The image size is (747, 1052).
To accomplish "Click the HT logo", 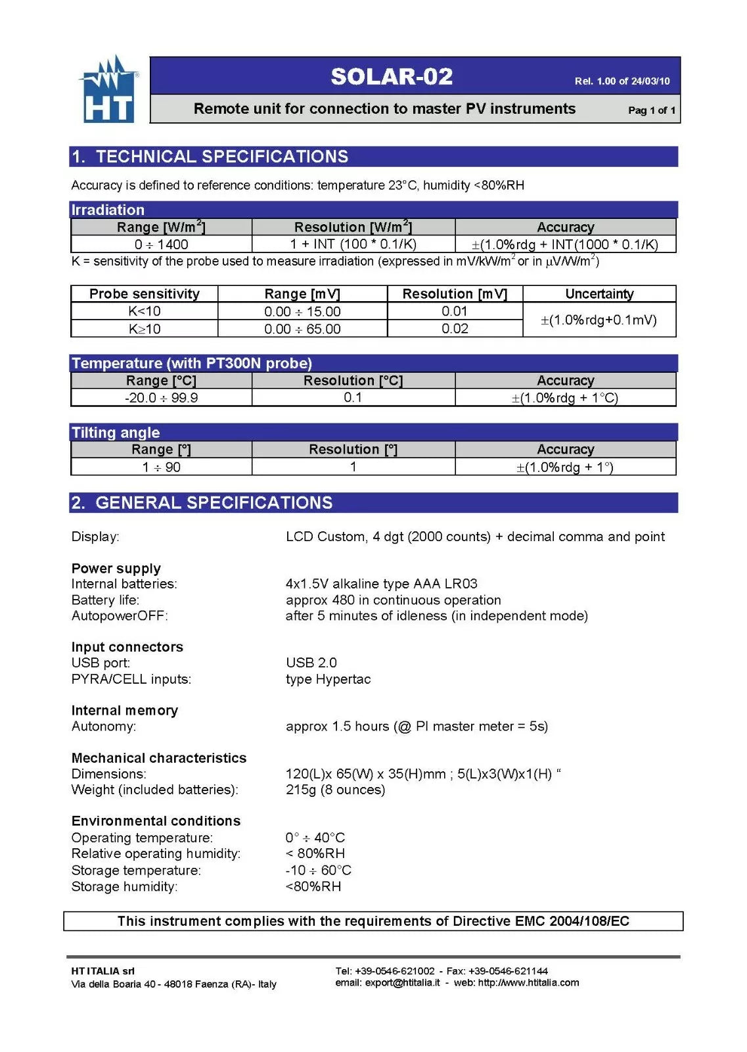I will (x=109, y=90).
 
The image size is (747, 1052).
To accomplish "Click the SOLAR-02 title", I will (x=392, y=77).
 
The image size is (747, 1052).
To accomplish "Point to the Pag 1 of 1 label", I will (x=651, y=110).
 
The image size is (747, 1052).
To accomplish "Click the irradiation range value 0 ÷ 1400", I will (x=161, y=245).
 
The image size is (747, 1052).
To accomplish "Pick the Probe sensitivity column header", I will (x=145, y=294).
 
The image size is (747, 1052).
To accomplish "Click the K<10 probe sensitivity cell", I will (x=145, y=312).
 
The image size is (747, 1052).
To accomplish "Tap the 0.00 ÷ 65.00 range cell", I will (x=302, y=329).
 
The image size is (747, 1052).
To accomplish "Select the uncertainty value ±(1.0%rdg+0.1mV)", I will (x=599, y=320).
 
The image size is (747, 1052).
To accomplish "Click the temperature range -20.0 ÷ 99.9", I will (x=161, y=398).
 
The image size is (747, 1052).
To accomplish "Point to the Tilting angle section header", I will (x=116, y=433).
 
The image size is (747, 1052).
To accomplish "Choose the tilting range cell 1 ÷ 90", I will (x=161, y=467).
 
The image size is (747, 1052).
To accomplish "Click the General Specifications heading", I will (x=214, y=503).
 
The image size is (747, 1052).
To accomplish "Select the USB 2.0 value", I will (x=311, y=663).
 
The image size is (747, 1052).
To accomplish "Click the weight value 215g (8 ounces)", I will (x=335, y=790).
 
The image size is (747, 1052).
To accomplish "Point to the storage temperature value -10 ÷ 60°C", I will (x=319, y=871).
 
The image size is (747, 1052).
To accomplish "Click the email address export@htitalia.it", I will (x=402, y=983).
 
